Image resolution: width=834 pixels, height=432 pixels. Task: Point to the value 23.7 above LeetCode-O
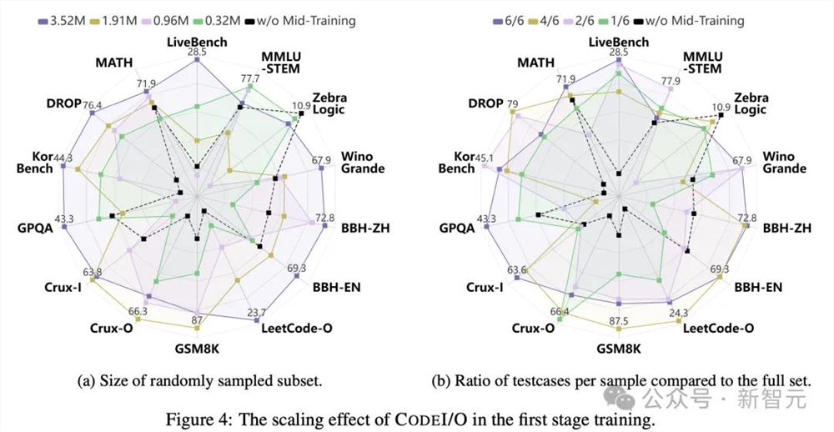point(258,313)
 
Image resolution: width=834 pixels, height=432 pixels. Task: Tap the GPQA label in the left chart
point(35,228)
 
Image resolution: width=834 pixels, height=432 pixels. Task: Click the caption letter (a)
point(85,382)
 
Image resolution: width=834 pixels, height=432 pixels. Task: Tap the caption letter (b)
point(440,382)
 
